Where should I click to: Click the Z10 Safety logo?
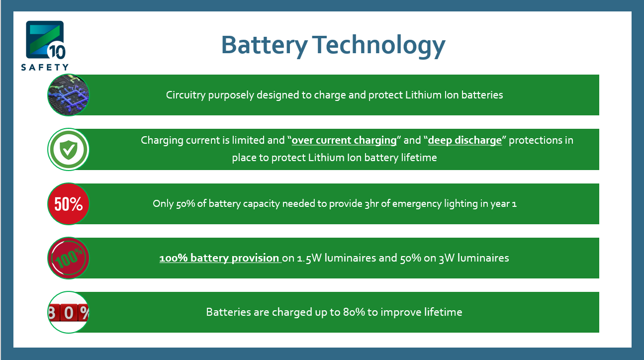pos(45,45)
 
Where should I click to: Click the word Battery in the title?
pos(265,45)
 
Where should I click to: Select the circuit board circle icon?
pos(69,95)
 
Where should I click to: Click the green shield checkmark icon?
pos(69,150)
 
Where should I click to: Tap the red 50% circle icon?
pos(69,204)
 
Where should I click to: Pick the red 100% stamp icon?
pos(69,258)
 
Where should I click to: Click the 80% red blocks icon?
pos(69,312)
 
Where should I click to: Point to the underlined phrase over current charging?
pos(344,140)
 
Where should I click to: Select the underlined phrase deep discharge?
pos(465,140)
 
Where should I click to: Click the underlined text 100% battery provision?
pos(219,258)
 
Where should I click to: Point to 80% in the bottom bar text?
pos(354,312)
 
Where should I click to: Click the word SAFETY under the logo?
pos(45,67)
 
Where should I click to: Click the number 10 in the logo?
pos(57,52)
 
